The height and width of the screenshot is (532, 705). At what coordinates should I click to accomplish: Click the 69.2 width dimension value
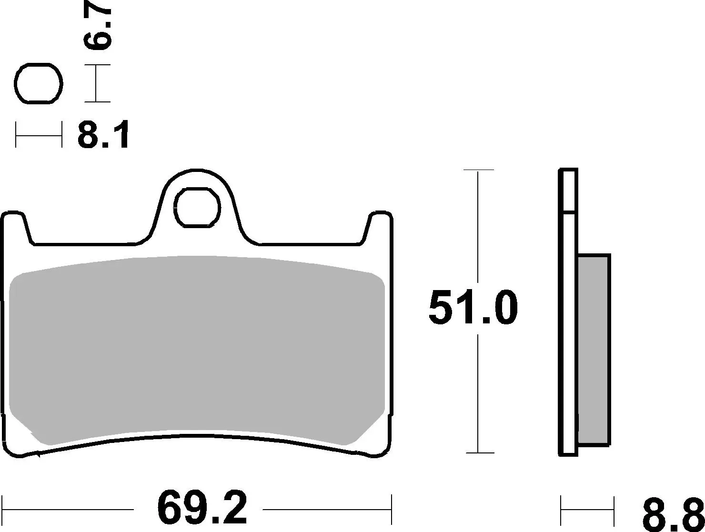pos(202,510)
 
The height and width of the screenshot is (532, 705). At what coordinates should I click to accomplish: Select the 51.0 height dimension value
pos(473,309)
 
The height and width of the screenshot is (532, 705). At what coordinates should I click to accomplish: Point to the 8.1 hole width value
pos(103,135)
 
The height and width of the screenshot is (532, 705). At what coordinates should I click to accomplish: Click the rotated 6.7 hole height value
pos(98,28)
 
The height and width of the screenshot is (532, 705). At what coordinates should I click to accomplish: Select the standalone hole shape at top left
pos(39,83)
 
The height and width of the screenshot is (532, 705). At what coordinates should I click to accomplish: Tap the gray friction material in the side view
pos(594,350)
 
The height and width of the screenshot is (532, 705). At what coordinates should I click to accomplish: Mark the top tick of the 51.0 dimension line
pos(478,170)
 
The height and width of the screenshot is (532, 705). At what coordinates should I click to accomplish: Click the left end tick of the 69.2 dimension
pos(3,509)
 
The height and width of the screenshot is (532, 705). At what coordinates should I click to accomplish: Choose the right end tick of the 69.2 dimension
pos(391,509)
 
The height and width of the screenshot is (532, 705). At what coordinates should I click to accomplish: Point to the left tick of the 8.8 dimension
pos(561,510)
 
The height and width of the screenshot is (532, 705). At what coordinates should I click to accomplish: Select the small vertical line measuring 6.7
pos(97,84)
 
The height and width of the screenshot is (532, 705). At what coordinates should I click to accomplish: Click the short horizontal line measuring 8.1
pos(39,135)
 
